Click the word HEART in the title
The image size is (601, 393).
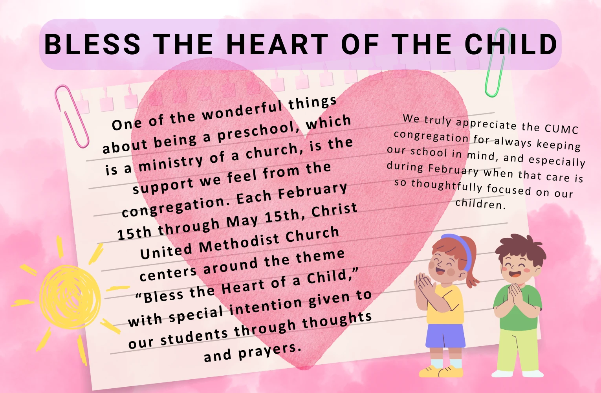click(277, 44)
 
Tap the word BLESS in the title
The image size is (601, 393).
click(92, 44)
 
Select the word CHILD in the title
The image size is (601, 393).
click(511, 44)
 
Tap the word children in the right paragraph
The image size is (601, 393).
click(480, 204)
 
